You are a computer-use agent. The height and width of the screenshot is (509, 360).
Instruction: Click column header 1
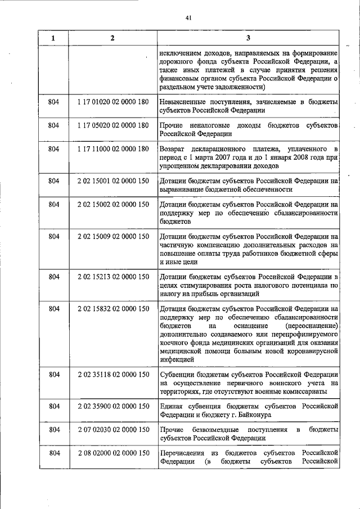53,38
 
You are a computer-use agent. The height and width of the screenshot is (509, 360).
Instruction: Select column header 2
112,38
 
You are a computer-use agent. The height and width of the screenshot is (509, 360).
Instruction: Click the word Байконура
251,415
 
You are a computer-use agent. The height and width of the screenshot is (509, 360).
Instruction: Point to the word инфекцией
177,358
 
